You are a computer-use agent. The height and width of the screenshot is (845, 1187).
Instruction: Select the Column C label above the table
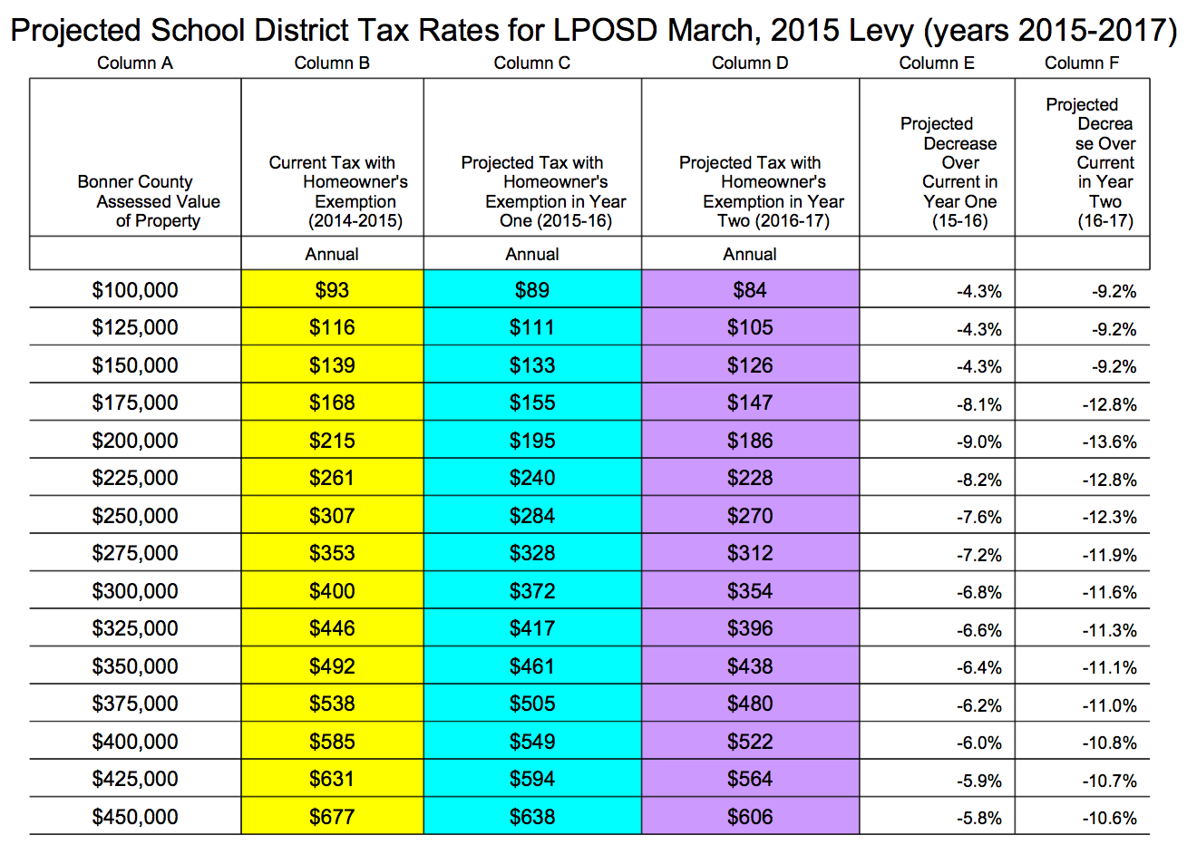pos(532,63)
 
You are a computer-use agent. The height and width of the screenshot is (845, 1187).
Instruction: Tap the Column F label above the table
pos(1082,63)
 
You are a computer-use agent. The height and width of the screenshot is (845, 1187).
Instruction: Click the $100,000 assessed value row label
pos(135,290)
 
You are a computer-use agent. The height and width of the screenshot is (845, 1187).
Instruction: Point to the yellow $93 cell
pos(332,288)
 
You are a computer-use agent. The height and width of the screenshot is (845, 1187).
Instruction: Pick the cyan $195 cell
pos(532,440)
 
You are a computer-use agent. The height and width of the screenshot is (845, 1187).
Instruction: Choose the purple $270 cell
pos(750,515)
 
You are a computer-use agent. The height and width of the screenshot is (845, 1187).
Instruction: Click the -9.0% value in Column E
pos(979,442)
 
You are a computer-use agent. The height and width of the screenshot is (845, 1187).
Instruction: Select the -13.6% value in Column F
pos(1110,442)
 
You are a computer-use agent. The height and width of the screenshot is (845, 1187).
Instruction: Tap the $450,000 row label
pos(135,816)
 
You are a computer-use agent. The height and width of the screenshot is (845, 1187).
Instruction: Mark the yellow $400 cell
pos(332,590)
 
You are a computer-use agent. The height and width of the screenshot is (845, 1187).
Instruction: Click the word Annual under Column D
pos(750,254)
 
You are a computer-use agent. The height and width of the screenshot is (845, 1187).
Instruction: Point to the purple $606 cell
pos(750,816)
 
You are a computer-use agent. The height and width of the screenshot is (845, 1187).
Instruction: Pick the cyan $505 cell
pos(532,703)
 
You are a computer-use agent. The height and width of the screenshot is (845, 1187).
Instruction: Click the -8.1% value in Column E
pos(979,404)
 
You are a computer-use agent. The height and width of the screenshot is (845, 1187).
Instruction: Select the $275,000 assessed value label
pos(135,553)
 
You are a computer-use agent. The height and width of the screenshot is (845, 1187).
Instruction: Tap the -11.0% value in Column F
pos(1110,705)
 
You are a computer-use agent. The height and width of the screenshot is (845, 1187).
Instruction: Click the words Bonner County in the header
pos(135,181)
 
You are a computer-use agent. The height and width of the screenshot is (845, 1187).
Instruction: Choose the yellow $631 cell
pos(332,778)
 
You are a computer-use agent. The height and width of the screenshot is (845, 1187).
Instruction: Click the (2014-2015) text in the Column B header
pos(355,220)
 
